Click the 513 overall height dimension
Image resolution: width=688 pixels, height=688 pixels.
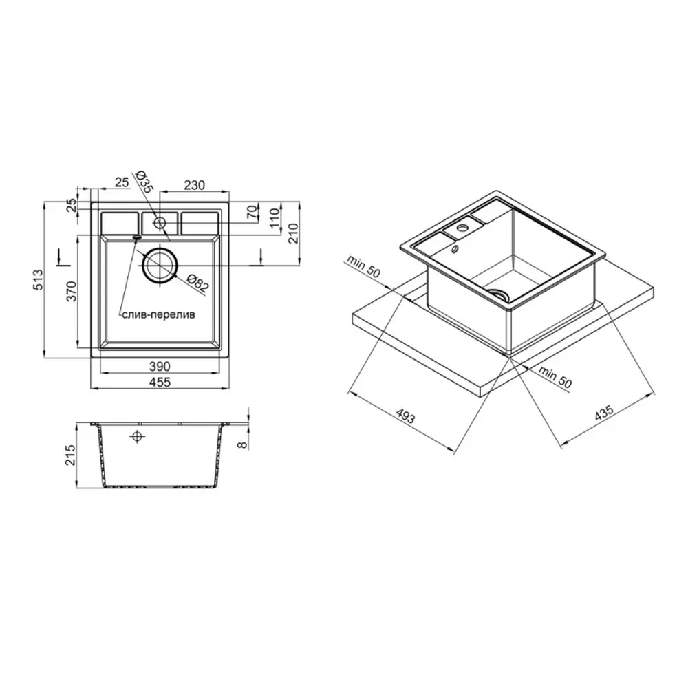point(38,279)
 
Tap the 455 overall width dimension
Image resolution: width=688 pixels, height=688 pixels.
point(160,382)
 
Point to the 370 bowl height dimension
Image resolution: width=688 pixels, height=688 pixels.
point(71,291)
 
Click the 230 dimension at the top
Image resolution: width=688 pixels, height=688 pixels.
point(195,185)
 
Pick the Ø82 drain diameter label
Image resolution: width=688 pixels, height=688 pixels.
point(197,283)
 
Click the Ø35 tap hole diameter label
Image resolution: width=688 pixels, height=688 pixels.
point(143,181)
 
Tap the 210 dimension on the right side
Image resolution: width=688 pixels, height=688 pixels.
point(293,233)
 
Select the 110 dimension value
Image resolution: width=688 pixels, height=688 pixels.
point(275,218)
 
